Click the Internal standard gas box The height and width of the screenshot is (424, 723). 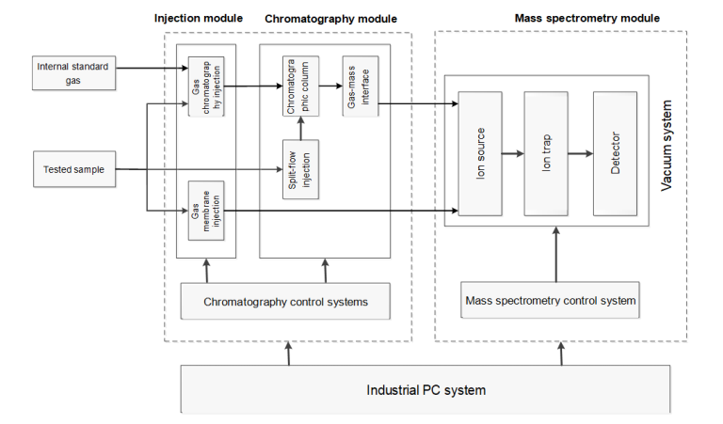(x=74, y=72)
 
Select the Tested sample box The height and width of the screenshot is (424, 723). (x=73, y=170)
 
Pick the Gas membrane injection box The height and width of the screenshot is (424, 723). (x=206, y=210)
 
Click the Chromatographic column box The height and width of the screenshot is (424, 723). (x=297, y=86)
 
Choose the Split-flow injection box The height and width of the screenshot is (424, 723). (x=297, y=170)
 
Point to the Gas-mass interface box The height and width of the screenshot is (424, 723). (x=356, y=86)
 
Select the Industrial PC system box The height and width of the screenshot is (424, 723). (x=426, y=388)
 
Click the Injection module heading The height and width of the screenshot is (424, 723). (x=197, y=19)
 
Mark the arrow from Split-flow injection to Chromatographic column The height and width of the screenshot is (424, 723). (x=297, y=131)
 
